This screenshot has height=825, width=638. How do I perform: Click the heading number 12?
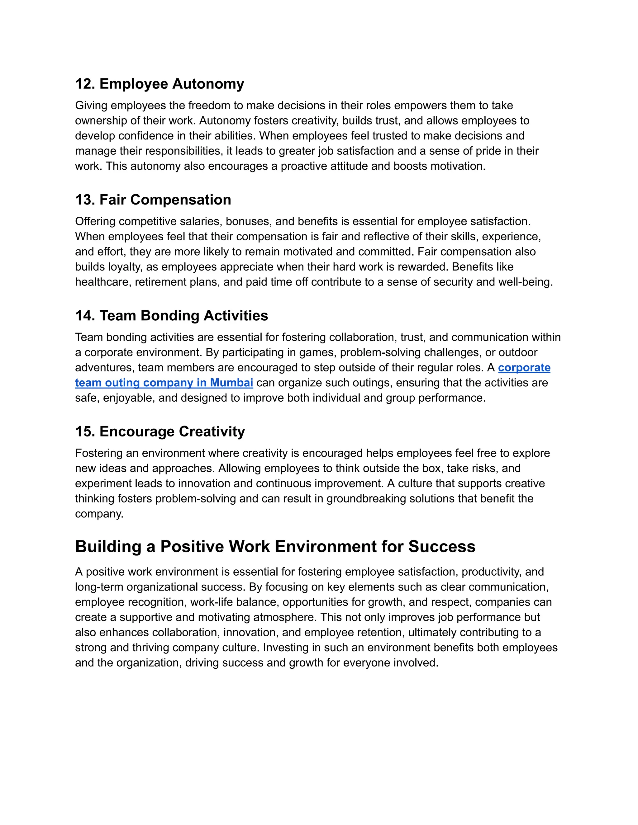pyautogui.click(x=85, y=84)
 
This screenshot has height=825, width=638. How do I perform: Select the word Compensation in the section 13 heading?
pyautogui.click(x=180, y=200)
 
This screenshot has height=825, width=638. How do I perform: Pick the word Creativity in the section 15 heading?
pyautogui.click(x=212, y=431)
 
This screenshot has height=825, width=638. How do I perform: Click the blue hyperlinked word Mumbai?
pyautogui.click(x=231, y=383)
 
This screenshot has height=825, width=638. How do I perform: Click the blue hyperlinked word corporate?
pyautogui.click(x=524, y=368)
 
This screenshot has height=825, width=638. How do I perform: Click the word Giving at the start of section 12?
pyautogui.click(x=91, y=106)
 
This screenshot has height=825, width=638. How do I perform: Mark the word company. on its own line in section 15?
pyautogui.click(x=99, y=514)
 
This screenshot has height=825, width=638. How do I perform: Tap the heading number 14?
pyautogui.click(x=85, y=316)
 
